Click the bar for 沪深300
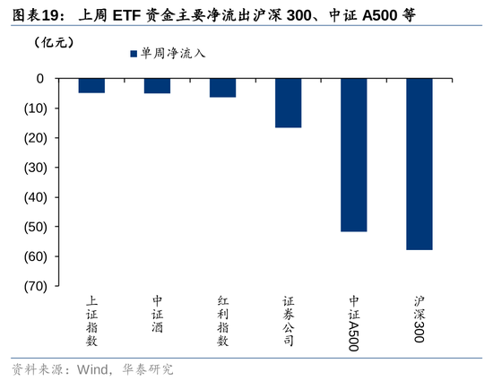click(419, 163)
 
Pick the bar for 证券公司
click(288, 102)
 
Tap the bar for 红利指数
click(222, 87)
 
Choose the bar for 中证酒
click(157, 85)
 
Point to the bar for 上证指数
click(91, 85)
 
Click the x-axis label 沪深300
click(419, 319)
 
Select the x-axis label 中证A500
click(354, 322)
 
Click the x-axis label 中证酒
click(157, 314)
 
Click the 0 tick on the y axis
click(40, 79)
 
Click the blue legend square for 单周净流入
click(133, 54)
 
